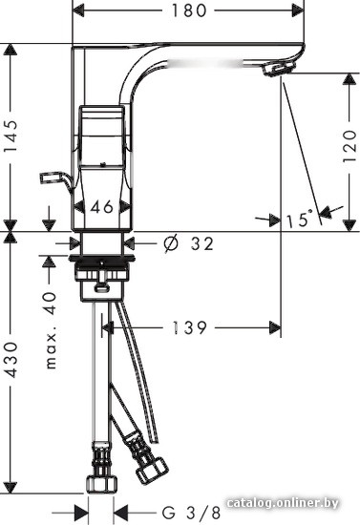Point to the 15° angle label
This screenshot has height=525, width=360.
[x=300, y=220]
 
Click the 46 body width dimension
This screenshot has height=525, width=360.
[x=101, y=205]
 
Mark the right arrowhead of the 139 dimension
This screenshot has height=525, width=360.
[x=276, y=327]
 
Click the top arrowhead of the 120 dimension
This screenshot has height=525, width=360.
[x=345, y=79]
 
